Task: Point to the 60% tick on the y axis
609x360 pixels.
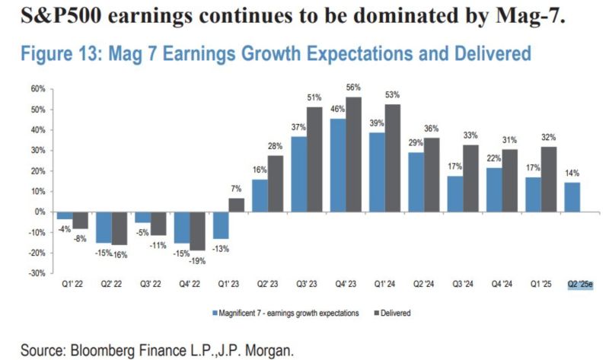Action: pyautogui.click(x=38, y=89)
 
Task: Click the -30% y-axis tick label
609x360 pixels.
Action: pyautogui.click(x=38, y=273)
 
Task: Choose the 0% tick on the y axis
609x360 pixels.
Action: pyautogui.click(x=40, y=212)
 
